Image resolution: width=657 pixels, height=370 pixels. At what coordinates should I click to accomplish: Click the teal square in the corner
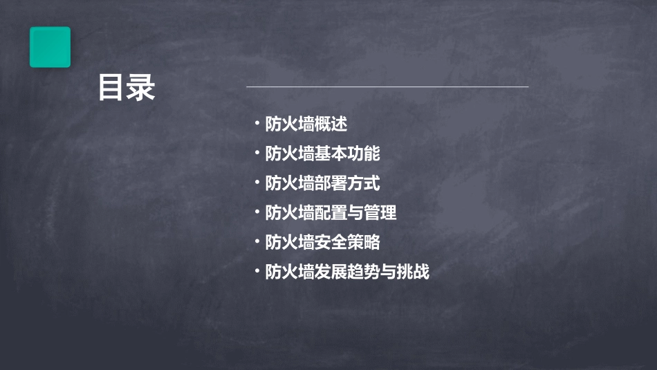click(50, 47)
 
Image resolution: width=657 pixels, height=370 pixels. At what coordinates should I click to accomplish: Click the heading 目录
click(127, 89)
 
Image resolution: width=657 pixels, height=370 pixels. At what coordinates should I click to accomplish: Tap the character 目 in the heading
click(111, 89)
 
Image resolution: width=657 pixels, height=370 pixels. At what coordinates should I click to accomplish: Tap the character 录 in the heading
click(142, 89)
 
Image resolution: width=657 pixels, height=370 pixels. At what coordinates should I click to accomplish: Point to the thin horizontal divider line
click(387, 86)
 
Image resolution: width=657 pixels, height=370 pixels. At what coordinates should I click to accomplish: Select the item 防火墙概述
click(306, 124)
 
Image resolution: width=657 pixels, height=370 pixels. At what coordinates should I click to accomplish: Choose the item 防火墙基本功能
click(322, 154)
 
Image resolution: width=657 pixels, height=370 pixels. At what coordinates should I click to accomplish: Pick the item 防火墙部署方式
click(322, 183)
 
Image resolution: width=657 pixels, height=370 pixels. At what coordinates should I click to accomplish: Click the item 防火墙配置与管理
click(331, 213)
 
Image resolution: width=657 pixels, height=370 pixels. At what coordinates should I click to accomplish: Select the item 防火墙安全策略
click(322, 243)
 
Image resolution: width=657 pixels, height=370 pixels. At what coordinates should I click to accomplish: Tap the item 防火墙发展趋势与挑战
click(347, 272)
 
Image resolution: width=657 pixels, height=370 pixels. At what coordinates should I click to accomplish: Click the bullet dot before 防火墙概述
click(257, 124)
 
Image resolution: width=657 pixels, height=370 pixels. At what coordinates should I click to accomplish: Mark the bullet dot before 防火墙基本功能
click(257, 153)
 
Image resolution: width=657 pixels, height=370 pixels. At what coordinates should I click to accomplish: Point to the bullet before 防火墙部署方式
click(257, 183)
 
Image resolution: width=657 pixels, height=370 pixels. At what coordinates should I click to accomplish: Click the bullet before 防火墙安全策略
click(257, 242)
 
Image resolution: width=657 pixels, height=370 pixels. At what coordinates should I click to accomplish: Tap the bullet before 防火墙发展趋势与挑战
click(257, 272)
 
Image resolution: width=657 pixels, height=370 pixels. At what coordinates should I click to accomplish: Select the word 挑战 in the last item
click(413, 272)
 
